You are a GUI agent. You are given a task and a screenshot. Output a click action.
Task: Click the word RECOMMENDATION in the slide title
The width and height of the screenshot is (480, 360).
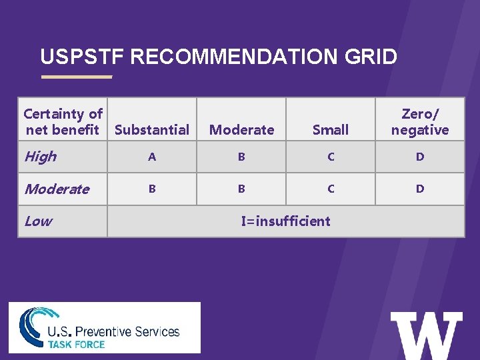tap(241, 57)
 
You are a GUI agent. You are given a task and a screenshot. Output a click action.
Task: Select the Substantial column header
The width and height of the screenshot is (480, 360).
tap(152, 129)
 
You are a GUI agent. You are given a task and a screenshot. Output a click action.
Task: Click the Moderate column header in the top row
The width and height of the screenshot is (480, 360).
tap(241, 129)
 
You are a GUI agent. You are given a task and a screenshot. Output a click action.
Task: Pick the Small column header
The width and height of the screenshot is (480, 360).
tap(331, 129)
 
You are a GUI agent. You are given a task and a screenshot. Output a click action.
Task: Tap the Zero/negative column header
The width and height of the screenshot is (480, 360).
tap(420, 122)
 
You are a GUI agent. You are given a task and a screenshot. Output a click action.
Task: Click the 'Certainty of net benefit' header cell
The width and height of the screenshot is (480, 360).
tap(63, 122)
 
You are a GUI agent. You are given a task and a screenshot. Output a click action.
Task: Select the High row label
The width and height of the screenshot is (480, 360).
tap(41, 157)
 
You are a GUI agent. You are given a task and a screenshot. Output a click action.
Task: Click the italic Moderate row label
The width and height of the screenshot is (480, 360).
tap(57, 189)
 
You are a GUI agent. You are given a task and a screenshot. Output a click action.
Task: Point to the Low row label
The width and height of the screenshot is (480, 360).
tap(38, 221)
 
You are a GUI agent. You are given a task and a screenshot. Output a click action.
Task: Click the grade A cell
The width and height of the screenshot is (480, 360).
tap(152, 157)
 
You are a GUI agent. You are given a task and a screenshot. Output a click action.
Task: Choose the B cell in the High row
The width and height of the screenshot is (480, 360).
tap(241, 157)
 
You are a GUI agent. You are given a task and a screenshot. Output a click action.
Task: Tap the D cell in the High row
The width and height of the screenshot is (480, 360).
tap(420, 157)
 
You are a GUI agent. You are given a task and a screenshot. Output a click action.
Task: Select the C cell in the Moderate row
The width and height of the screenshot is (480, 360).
tap(331, 189)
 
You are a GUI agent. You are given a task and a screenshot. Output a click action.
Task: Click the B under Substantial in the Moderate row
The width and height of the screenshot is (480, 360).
tap(152, 189)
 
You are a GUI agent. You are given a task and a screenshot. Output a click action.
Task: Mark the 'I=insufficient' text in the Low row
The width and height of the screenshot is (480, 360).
tap(285, 221)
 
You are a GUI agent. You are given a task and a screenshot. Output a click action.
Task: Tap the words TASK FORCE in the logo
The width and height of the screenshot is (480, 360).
tap(76, 344)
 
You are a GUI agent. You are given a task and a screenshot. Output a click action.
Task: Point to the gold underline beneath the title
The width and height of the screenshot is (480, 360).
tap(77, 77)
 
